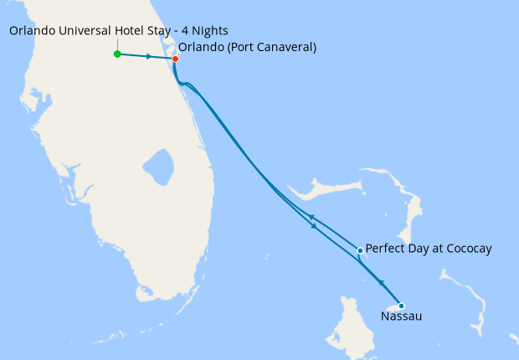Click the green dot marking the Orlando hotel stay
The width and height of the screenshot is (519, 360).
coord(117,54)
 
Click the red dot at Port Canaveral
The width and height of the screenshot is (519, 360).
coord(175,59)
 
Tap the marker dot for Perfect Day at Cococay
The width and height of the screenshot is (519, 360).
coord(360,250)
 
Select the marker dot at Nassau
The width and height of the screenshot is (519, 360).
coord(401,306)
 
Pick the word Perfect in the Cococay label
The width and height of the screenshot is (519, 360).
coord(384,249)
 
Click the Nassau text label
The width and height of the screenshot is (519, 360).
coord(401,317)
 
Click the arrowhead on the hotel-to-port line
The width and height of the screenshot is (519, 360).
coord(148,57)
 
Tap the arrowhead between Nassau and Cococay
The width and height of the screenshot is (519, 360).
coord(381,282)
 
